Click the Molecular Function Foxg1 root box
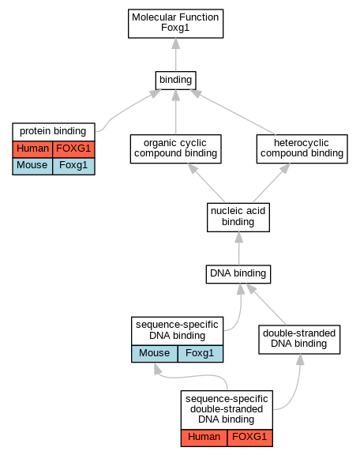click(175, 24)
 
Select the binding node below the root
click(175, 81)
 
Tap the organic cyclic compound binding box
click(175, 149)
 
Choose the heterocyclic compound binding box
click(302, 149)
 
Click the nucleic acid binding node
click(238, 217)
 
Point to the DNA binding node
click(238, 274)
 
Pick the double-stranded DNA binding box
click(299, 340)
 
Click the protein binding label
click(53, 131)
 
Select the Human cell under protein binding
click(32, 149)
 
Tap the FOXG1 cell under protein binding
click(73, 149)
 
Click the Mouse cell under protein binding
click(32, 166)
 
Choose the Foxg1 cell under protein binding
click(73, 166)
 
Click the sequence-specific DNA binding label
click(177, 330)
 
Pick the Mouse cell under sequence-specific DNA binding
click(154, 354)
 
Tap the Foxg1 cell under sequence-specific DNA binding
click(201, 354)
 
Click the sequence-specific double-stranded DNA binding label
click(227, 409)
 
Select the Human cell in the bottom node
click(204, 438)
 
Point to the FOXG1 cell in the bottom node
click(249, 438)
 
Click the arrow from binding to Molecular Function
click(175, 55)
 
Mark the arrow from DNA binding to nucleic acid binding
click(238, 248)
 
